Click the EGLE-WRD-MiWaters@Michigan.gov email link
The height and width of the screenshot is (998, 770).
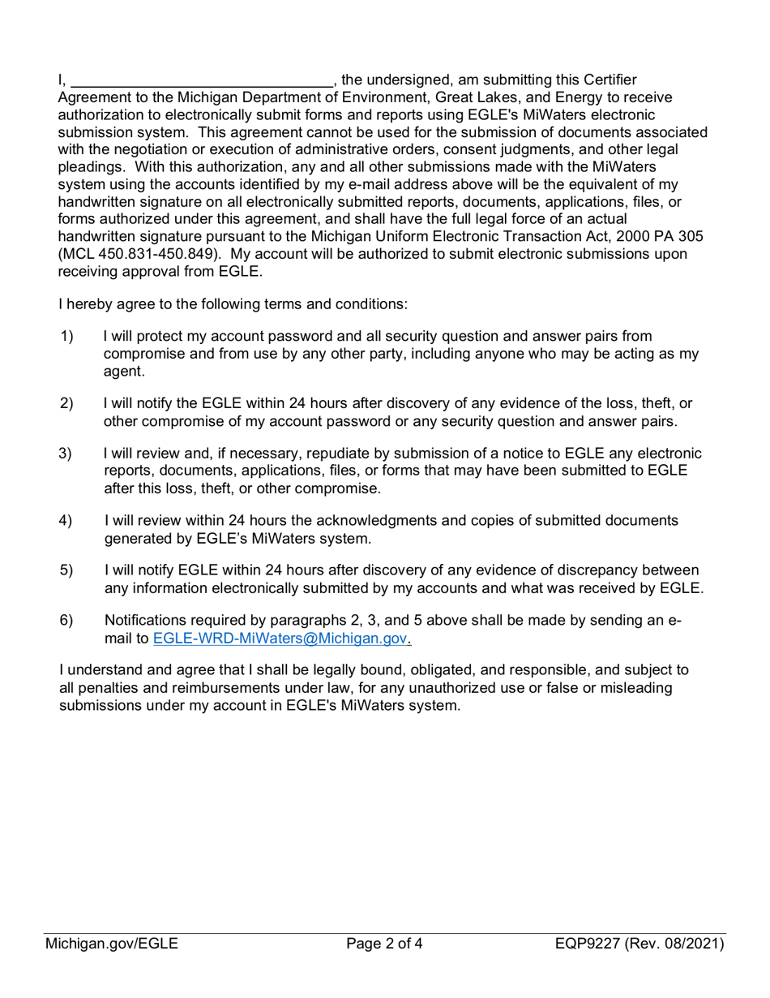click(280, 639)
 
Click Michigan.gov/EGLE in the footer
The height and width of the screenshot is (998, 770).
click(112, 944)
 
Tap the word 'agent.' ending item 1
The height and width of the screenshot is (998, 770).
click(124, 372)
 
